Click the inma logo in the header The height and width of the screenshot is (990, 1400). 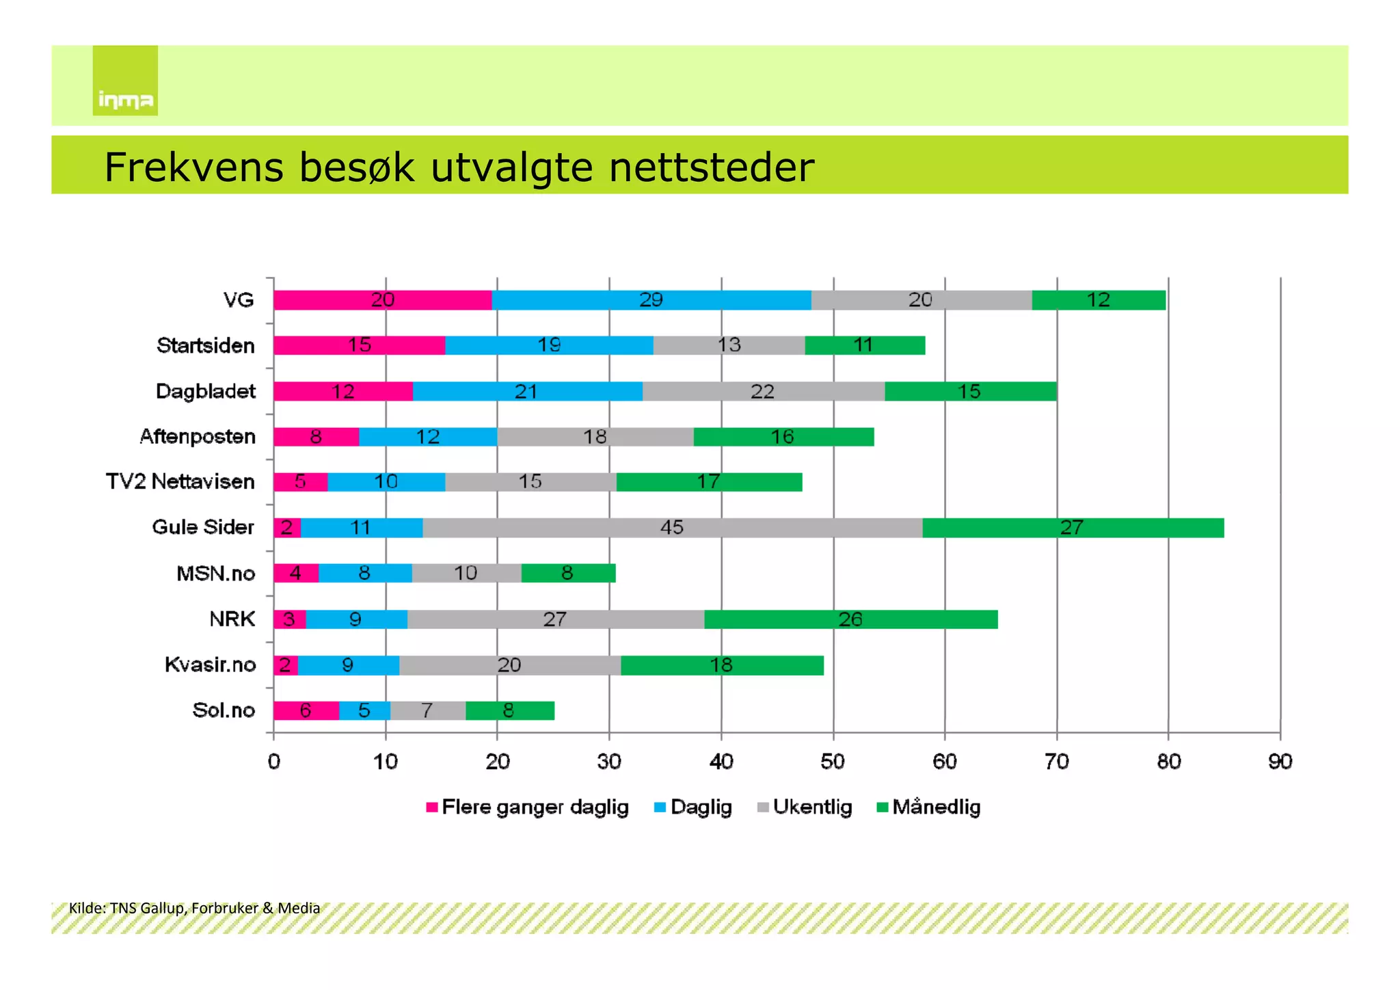[x=125, y=81]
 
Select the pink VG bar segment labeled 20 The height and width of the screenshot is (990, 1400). [x=382, y=300]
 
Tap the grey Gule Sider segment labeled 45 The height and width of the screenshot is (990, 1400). [x=672, y=528]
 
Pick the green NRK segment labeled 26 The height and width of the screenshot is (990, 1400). [x=850, y=619]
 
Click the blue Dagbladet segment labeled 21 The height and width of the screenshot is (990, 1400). [x=526, y=392]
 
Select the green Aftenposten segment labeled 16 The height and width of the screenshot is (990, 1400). [x=783, y=437]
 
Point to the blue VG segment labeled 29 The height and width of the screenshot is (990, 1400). [x=651, y=300]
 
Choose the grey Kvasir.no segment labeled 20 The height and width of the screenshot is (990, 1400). [x=509, y=665]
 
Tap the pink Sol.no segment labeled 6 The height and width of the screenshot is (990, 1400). [x=306, y=711]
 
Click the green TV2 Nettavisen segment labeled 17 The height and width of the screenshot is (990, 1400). [x=709, y=482]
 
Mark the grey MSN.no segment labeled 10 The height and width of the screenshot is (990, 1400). [x=466, y=573]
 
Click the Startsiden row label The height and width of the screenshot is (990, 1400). [x=205, y=345]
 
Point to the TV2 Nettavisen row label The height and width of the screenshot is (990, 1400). [x=180, y=481]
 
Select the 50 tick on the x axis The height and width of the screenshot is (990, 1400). [x=833, y=762]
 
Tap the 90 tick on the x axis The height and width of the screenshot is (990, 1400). [x=1280, y=762]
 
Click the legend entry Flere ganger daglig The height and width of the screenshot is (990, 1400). [x=527, y=807]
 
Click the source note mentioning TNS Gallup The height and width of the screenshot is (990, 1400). [x=194, y=908]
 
